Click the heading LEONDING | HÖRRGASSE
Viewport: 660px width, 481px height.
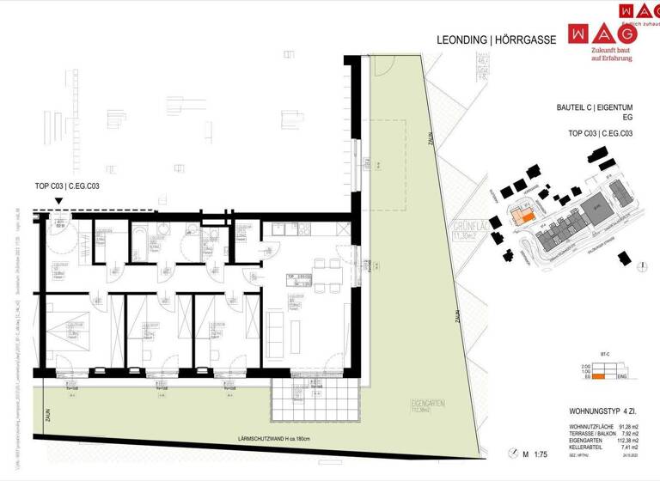[x=498, y=40]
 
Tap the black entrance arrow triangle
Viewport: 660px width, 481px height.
[x=58, y=201]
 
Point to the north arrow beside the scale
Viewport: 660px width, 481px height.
[x=514, y=453]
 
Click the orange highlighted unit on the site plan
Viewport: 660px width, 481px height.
[x=521, y=218]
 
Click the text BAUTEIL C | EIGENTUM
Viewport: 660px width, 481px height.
[x=595, y=109]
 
